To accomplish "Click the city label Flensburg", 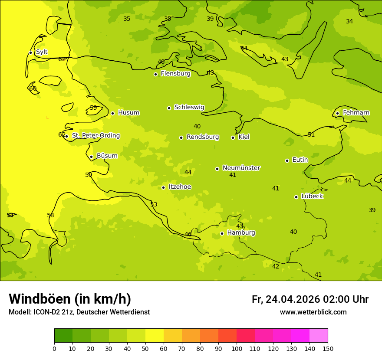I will [x=175, y=74].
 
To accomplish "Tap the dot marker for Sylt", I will [x=30, y=52].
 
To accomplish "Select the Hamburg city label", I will [x=241, y=233].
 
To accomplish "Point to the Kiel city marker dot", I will [x=233, y=137].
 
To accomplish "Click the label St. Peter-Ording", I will [x=95, y=136].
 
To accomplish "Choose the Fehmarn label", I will [x=356, y=113].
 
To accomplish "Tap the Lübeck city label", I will [x=312, y=196].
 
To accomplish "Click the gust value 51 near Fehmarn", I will [x=311, y=135].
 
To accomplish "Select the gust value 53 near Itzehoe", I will [x=154, y=205].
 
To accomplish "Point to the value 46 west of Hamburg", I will [x=188, y=235].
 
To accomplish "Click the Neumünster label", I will [x=241, y=168].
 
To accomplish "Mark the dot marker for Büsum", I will [x=91, y=157].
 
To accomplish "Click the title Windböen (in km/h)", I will [x=70, y=299].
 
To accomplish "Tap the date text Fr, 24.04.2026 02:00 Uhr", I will [x=310, y=299].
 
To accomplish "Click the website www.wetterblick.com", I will [x=313, y=312].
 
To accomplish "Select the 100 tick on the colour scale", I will [x=237, y=348].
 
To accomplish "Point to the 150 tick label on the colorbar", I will [x=328, y=348].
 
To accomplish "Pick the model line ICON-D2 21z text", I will [x=79, y=312].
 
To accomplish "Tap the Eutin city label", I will [x=300, y=160].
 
